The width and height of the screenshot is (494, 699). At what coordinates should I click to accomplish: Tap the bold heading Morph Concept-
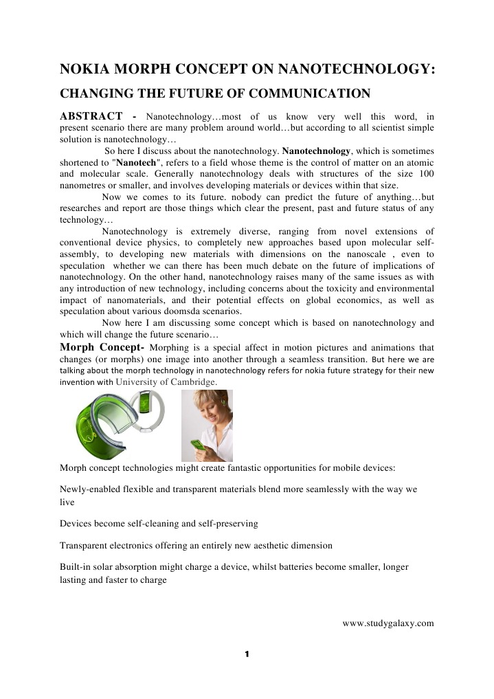(102, 346)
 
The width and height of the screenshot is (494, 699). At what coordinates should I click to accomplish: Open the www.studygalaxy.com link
(388, 623)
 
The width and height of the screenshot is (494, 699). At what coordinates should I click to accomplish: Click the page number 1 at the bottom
(247, 654)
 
